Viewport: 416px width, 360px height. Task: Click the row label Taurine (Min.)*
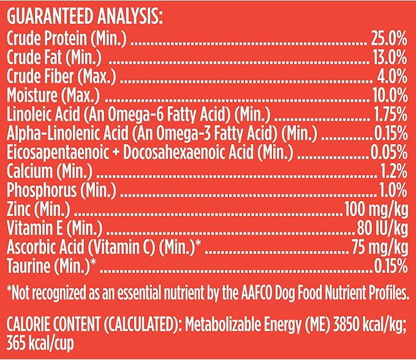click(51, 266)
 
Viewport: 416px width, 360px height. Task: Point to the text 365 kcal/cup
click(41, 342)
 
